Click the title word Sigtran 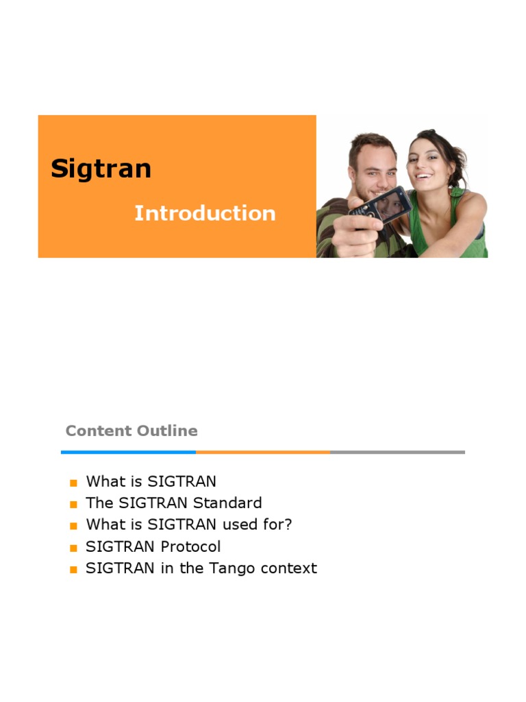click(x=101, y=169)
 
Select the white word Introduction click(x=205, y=213)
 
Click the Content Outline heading click(x=131, y=431)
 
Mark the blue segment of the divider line click(x=128, y=452)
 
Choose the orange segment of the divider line click(x=263, y=452)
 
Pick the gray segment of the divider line click(x=397, y=452)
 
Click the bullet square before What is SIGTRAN click(x=73, y=483)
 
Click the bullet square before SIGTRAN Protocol click(x=73, y=548)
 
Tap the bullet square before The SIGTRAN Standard click(x=73, y=505)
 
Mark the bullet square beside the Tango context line click(x=73, y=570)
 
